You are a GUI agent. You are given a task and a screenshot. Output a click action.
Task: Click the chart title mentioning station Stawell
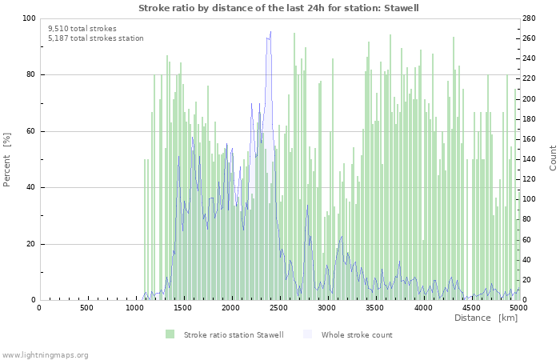(x=278, y=8)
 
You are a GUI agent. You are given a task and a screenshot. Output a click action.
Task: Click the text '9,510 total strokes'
(x=82, y=28)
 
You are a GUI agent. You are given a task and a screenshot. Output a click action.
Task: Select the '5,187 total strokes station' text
(x=95, y=38)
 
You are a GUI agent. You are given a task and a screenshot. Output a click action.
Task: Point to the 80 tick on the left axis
(x=30, y=75)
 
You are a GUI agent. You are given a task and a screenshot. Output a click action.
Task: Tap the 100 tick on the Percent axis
(x=27, y=18)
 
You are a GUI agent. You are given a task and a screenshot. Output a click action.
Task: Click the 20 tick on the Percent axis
(x=30, y=244)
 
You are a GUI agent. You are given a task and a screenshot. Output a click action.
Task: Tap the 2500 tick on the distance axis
(x=278, y=307)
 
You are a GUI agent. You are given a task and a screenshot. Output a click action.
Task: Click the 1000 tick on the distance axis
(x=134, y=307)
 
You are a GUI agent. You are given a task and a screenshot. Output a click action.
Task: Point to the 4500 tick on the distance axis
(x=470, y=307)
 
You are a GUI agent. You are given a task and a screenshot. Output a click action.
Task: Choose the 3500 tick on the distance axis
(x=374, y=307)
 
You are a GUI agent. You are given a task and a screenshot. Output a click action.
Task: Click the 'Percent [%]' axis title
(x=7, y=159)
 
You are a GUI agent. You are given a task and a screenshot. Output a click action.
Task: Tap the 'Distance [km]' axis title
(x=486, y=318)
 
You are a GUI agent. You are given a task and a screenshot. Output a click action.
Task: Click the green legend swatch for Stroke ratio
(x=170, y=334)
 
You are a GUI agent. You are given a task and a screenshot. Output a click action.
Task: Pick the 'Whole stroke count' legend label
(x=357, y=334)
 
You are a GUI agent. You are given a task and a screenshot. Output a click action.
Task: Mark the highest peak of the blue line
(x=270, y=32)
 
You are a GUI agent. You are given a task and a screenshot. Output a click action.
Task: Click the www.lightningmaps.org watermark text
(x=45, y=354)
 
